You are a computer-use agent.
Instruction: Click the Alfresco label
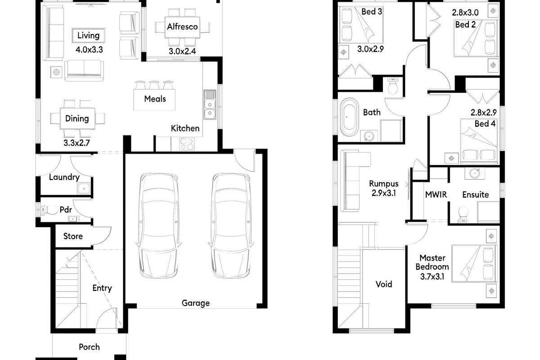(182, 27)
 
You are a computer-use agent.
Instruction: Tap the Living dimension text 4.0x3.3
(89, 50)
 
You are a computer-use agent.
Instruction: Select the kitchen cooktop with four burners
(187, 144)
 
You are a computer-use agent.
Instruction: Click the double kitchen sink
(210, 104)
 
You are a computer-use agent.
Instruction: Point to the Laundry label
(64, 177)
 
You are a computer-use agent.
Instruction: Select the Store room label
(72, 236)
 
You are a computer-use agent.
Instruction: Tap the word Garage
(195, 303)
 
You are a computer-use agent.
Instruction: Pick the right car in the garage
(229, 225)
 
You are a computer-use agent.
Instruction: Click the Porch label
(89, 347)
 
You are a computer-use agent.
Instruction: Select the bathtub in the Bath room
(349, 118)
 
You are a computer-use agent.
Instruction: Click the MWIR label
(435, 195)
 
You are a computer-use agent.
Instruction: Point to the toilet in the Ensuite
(462, 215)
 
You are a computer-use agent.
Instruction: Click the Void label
(384, 284)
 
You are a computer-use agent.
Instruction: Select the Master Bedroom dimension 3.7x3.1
(432, 277)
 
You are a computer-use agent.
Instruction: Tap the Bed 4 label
(485, 123)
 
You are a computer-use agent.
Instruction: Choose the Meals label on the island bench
(155, 99)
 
